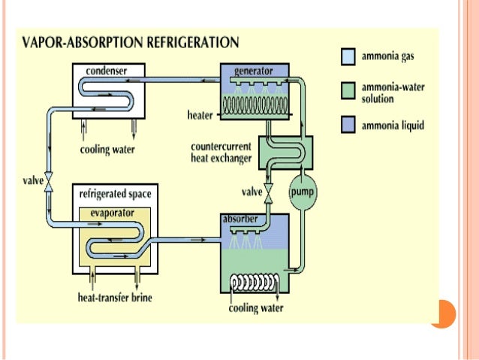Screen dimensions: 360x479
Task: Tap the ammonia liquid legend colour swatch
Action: [x=347, y=126]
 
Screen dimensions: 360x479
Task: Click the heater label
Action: [x=200, y=115]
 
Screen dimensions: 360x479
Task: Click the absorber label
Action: [x=241, y=219]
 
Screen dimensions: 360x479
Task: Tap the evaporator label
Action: [x=112, y=213]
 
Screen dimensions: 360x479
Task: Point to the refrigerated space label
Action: [x=115, y=194]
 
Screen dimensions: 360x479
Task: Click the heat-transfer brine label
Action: [x=116, y=298]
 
